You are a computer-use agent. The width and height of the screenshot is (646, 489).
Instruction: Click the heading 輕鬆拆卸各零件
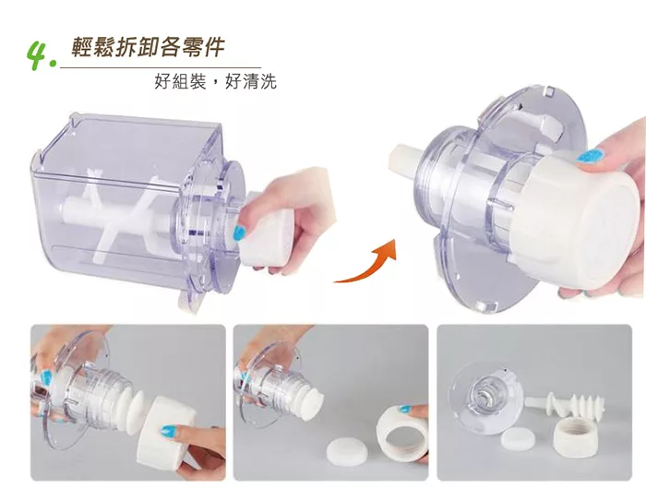(149, 47)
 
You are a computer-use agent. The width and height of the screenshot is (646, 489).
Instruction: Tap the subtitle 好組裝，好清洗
(215, 81)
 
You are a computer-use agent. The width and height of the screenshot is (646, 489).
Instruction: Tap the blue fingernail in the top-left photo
(239, 233)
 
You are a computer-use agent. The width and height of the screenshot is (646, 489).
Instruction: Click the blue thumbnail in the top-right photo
(590, 155)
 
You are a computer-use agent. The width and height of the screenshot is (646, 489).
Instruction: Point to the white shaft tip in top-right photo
(404, 161)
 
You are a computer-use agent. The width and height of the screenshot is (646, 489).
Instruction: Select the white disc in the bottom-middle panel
(346, 450)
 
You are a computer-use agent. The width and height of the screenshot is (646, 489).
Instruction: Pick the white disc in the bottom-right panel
(518, 437)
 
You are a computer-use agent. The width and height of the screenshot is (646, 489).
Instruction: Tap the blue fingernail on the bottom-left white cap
(170, 431)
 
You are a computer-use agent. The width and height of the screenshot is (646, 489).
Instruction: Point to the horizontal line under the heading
(161, 66)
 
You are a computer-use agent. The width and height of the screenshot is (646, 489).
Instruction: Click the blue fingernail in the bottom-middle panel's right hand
(405, 409)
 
